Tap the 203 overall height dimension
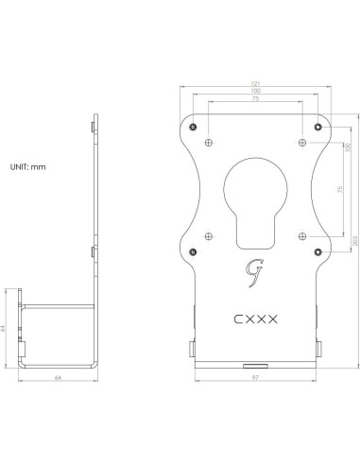click(x=353, y=242)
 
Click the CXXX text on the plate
click(x=255, y=319)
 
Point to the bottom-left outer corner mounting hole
click(x=193, y=251)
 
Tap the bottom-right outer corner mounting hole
click(x=320, y=251)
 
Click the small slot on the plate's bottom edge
click(x=256, y=363)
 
